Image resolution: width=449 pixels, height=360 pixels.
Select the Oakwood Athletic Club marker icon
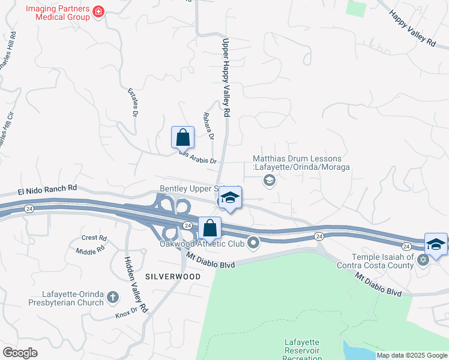click(x=253, y=243)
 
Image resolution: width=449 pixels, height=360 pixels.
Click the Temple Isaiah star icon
click(x=423, y=259)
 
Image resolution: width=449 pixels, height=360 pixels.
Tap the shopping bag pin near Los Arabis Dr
click(x=182, y=137)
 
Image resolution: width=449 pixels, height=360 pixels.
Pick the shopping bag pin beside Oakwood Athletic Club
click(x=209, y=228)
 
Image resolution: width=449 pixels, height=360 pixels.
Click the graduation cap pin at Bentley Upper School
click(x=229, y=197)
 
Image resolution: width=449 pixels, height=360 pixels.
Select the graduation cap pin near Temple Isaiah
click(x=436, y=244)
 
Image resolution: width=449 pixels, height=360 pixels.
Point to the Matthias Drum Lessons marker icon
click(x=270, y=181)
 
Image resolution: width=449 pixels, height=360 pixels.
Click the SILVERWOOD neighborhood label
click(x=164, y=277)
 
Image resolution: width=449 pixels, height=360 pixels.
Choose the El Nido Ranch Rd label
click(x=47, y=189)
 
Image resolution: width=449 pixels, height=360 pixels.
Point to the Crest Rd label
click(x=94, y=238)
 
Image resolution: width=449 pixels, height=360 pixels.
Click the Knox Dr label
click(x=122, y=314)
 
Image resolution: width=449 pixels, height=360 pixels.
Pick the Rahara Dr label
click(x=208, y=125)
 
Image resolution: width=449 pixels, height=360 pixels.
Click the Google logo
click(x=20, y=352)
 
